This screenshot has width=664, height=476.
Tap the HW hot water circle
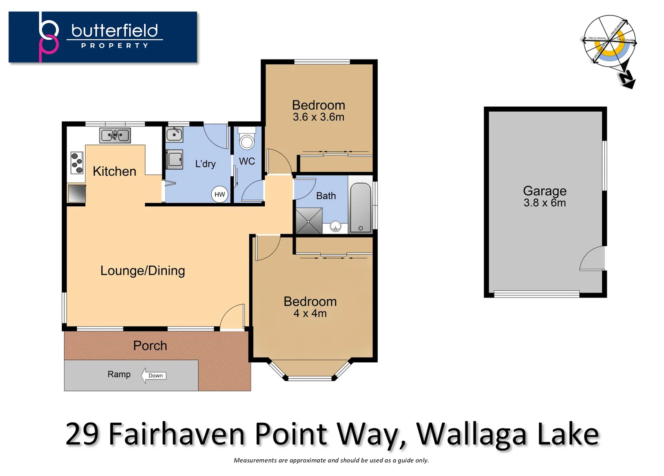220,194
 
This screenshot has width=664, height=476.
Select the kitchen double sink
115,135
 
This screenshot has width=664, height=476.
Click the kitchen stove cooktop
77,163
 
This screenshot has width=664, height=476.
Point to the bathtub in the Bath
361,208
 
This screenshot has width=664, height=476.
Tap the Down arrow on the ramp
154,376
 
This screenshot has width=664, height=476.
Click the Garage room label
544,191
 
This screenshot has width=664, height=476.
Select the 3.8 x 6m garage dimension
544,203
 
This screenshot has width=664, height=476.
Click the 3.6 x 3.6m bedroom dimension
319,117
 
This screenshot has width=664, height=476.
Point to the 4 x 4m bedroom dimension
310,313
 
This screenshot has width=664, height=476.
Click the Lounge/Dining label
143,271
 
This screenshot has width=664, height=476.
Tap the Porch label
150,346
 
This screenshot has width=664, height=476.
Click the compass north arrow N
626,79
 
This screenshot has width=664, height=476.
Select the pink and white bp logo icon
49,37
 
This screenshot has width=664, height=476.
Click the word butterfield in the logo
115,30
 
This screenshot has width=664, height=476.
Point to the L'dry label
205,164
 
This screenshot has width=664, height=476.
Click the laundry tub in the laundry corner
174,134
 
